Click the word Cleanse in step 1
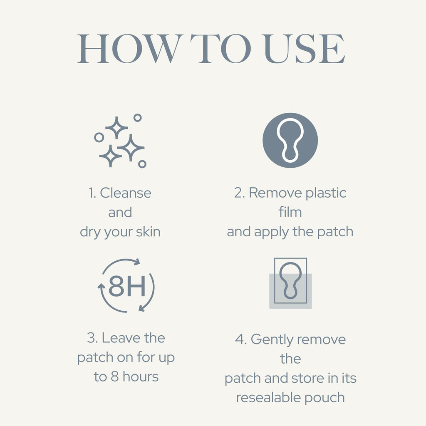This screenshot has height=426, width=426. (126, 193)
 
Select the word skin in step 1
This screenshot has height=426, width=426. (148, 232)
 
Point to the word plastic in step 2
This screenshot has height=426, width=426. (326, 193)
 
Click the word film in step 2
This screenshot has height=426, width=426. (290, 212)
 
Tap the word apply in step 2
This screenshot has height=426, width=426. (271, 233)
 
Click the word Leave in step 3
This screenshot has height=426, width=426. (121, 338)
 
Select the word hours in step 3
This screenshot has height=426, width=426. (141, 377)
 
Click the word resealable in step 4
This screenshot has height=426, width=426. (268, 397)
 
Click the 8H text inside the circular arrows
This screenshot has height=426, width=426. (127, 286)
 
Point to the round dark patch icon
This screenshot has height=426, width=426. (290, 140)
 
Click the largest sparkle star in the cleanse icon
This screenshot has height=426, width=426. (131, 148)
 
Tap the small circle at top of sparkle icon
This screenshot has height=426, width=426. (137, 118)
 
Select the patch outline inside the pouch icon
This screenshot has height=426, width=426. (290, 281)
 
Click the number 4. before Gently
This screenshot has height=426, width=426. (241, 339)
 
